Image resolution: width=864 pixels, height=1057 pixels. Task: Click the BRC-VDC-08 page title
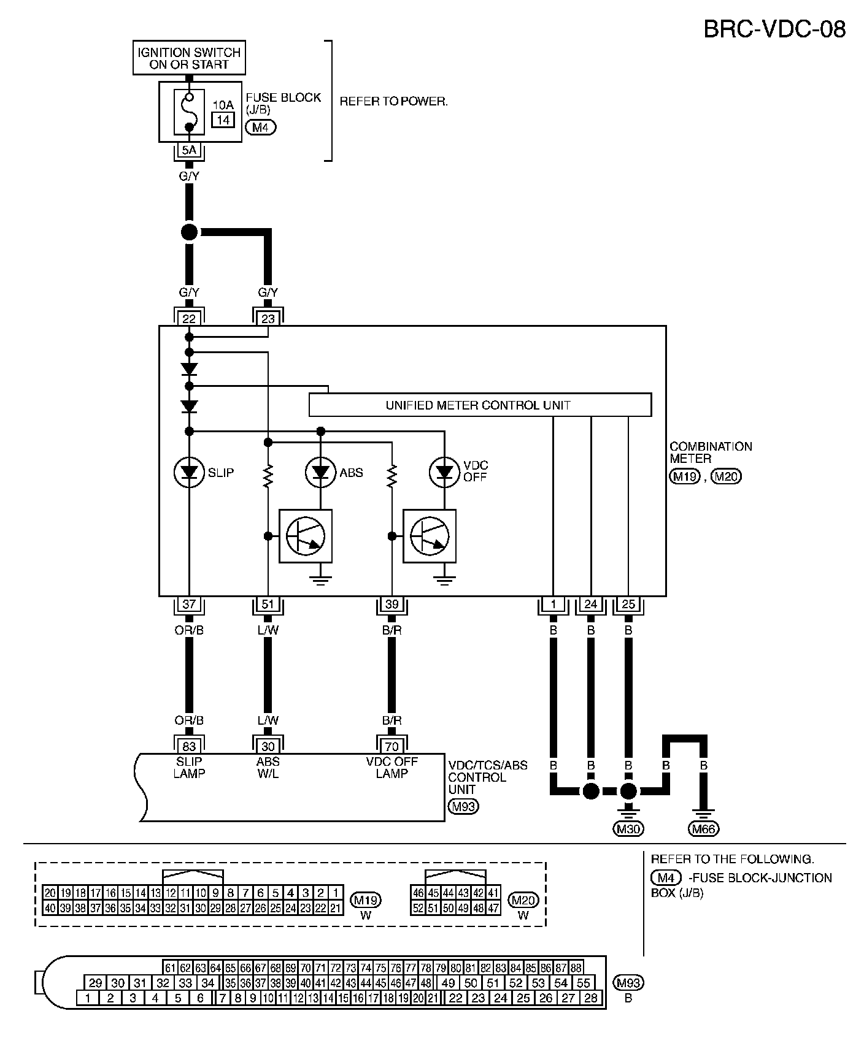[774, 29]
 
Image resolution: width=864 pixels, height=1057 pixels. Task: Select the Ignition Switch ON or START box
[189, 58]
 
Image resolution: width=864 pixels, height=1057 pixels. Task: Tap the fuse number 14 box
[223, 120]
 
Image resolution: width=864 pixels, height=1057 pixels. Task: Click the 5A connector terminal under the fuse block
[189, 149]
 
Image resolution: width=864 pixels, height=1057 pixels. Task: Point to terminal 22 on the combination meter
[189, 318]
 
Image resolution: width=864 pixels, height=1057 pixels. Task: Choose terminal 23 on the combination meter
[268, 318]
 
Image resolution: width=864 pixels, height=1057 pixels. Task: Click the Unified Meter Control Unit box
[479, 405]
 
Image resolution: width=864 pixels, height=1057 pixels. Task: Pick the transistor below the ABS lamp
[306, 536]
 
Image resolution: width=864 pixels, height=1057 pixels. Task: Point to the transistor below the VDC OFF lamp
[430, 536]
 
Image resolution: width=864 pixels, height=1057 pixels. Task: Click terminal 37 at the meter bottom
[189, 605]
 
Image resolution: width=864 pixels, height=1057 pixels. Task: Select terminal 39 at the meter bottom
[391, 605]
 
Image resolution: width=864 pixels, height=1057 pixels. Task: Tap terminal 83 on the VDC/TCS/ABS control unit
[189, 746]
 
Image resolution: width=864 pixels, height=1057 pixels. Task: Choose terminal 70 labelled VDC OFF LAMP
[391, 746]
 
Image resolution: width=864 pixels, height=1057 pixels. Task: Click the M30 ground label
[628, 830]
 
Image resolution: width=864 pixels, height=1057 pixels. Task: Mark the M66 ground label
[704, 830]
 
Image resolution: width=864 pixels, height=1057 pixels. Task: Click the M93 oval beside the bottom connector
[629, 983]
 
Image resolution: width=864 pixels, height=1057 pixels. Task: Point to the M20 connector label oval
[523, 900]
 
